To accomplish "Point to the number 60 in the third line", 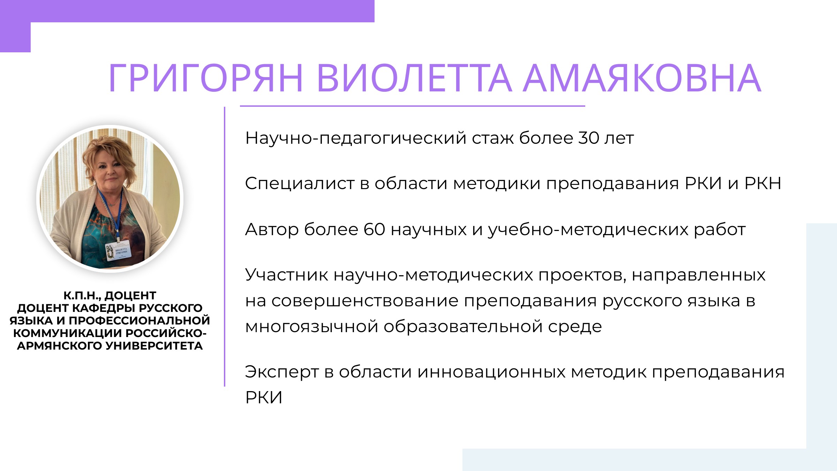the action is click(374, 230).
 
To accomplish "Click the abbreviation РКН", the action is click(763, 184).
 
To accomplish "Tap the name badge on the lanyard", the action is click(119, 250).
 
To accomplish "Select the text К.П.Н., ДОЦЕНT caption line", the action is click(110, 296).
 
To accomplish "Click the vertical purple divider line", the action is click(225, 247).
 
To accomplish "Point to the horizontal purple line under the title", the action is click(412, 106).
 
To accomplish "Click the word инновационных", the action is click(491, 372).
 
